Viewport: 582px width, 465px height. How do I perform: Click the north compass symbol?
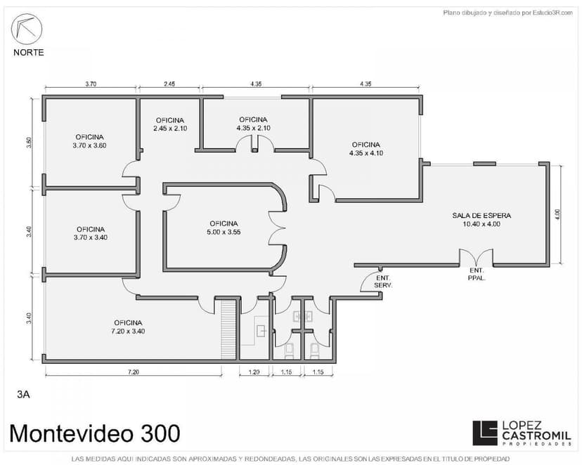(27, 29)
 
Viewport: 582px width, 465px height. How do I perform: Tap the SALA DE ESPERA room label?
(481, 216)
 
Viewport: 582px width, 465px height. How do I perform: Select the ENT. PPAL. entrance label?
(477, 274)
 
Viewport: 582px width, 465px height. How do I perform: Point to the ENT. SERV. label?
(383, 282)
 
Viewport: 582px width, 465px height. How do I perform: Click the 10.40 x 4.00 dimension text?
(481, 224)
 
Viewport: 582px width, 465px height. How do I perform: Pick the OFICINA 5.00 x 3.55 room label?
(224, 228)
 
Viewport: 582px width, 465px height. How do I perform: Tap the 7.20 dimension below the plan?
(134, 372)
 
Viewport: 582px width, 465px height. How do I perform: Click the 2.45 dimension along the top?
(169, 84)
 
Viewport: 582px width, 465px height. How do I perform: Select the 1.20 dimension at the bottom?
(254, 372)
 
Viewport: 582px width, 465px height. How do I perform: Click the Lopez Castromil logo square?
(485, 433)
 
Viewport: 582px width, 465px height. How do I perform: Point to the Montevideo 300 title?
(95, 433)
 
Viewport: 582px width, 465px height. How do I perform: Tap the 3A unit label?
(23, 395)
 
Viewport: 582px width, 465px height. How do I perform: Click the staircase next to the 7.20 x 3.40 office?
(228, 329)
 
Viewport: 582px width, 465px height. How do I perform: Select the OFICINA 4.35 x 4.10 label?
(366, 149)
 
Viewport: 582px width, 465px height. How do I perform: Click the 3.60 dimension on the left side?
(30, 143)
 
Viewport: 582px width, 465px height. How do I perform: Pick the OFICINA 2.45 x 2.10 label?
(170, 124)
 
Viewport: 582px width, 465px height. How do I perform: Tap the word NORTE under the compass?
(29, 53)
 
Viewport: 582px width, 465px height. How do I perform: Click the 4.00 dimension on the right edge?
(557, 215)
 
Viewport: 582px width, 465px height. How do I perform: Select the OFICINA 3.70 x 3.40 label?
(91, 234)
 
